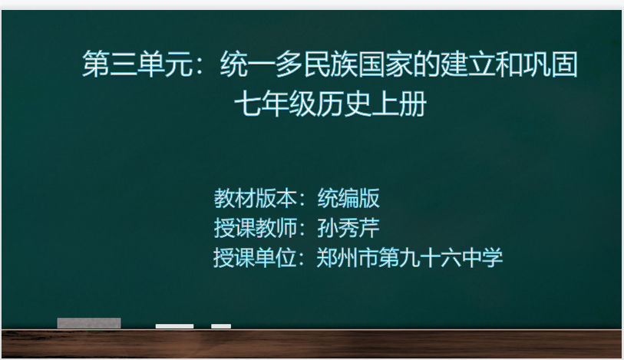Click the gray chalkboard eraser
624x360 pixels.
(x=89, y=323)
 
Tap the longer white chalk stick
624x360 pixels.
(x=174, y=326)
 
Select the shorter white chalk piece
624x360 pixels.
(x=221, y=326)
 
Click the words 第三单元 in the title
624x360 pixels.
(x=137, y=64)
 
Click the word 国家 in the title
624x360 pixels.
(x=385, y=64)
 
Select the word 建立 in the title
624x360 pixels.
(x=467, y=64)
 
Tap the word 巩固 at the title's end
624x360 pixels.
(x=550, y=64)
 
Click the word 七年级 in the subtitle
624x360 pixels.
(x=276, y=104)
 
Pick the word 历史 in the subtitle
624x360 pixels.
(x=344, y=104)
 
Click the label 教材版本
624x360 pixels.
(x=255, y=198)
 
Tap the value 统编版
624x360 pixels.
(x=348, y=198)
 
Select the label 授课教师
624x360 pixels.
(x=255, y=228)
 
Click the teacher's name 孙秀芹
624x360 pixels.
(x=348, y=228)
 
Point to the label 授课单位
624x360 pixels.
(x=255, y=258)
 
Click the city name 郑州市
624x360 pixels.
(x=348, y=258)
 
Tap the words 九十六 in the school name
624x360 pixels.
(x=430, y=258)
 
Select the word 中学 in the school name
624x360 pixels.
(x=482, y=258)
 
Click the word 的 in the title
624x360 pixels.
(x=426, y=64)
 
